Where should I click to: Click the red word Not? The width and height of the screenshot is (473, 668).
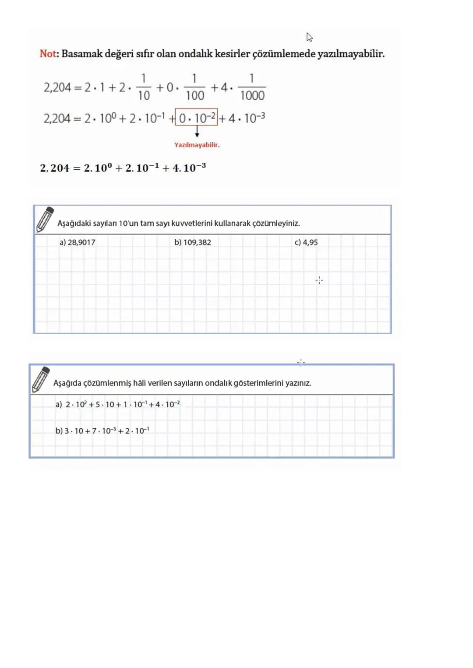[x=48, y=54]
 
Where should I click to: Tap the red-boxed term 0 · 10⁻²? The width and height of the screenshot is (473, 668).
[x=196, y=117]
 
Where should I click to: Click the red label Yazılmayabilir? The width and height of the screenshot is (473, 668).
[x=197, y=145]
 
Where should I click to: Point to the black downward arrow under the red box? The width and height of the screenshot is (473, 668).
[x=197, y=131]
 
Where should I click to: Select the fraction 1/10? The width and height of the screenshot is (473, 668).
[x=144, y=87]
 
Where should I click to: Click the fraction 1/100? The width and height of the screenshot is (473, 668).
[x=194, y=87]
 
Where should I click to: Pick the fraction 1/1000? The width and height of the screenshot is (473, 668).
[x=252, y=87]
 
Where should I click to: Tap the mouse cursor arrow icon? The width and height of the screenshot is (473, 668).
[x=309, y=37]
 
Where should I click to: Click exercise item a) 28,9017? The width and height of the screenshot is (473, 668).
[x=78, y=242]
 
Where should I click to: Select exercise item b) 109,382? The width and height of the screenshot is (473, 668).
[x=193, y=242]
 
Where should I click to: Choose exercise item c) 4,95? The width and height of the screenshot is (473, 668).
[x=306, y=242]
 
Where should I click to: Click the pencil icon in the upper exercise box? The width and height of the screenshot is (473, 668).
[x=45, y=220]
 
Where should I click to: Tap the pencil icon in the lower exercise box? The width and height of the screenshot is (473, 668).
[x=41, y=379]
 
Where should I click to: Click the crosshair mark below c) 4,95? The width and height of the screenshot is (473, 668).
[x=319, y=280]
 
